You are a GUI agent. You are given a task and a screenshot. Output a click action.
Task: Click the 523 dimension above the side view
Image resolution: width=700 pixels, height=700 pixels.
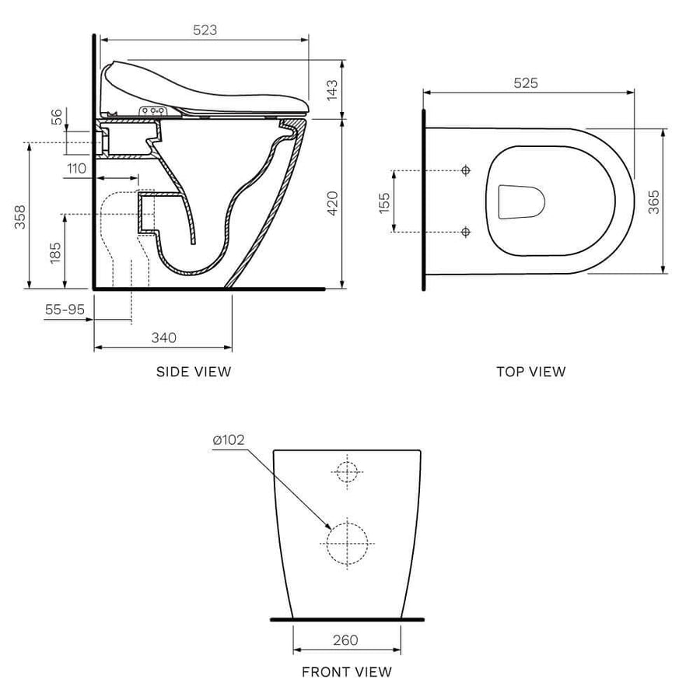point(205,30)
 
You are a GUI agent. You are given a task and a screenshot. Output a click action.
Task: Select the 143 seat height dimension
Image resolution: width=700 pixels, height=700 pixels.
point(332,90)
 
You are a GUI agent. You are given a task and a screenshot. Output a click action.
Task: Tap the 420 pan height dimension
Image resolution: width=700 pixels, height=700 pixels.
point(333,203)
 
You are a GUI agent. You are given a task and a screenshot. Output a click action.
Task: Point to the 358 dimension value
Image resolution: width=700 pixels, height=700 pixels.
point(20,217)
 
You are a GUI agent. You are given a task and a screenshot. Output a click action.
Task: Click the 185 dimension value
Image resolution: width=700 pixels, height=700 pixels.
point(55,253)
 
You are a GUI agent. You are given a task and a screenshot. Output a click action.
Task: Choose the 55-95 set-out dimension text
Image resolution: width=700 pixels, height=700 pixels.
point(65,310)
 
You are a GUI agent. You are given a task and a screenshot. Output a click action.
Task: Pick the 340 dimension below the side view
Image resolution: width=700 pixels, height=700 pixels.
point(164,338)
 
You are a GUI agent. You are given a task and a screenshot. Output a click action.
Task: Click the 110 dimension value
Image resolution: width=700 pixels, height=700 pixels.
point(76,168)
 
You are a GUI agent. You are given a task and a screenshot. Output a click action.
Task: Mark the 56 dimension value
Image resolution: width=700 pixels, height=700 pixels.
point(57,117)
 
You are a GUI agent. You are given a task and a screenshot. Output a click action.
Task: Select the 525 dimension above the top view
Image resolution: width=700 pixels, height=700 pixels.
point(526,83)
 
